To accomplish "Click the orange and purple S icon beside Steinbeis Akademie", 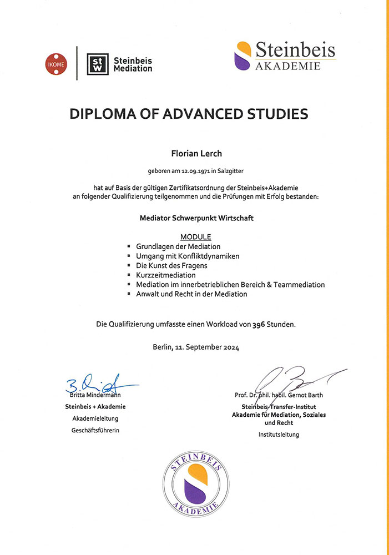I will click(x=243, y=56).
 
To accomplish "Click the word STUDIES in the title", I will click(x=275, y=114).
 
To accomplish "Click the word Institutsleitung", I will click(x=278, y=435).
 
